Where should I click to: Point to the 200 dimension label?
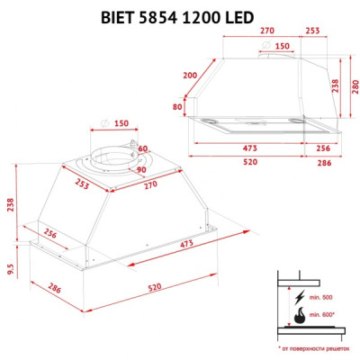point(190,76)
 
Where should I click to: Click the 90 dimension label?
point(140,168)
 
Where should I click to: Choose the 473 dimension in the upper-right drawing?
point(250,148)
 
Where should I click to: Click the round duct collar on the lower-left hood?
point(116,157)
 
